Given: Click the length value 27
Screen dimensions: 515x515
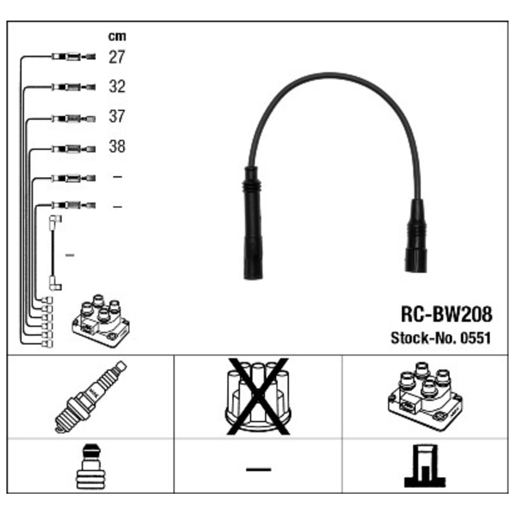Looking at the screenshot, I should click(x=117, y=57).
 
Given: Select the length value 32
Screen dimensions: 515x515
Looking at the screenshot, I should click(x=117, y=87).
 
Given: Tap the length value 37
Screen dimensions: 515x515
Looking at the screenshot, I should click(x=117, y=117).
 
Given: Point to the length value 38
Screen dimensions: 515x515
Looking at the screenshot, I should click(x=117, y=147).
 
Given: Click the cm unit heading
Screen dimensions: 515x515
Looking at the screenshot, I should click(x=117, y=37).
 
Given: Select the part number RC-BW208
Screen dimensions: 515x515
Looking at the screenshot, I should click(x=445, y=314).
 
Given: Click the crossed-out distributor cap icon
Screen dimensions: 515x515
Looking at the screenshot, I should click(x=257, y=395).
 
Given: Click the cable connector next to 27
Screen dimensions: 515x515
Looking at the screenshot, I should click(x=73, y=57).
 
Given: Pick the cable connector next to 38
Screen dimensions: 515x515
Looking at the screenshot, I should click(x=73, y=147).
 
